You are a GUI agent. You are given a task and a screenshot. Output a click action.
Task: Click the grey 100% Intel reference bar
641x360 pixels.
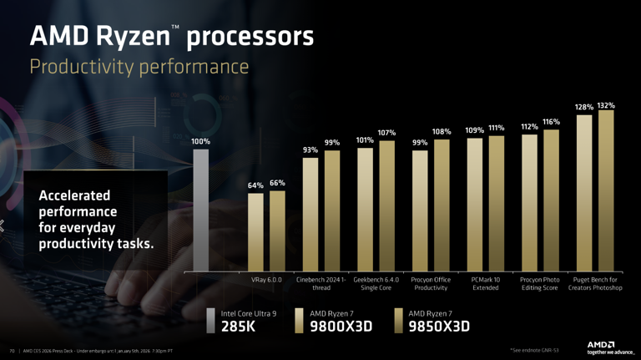click(x=200, y=210)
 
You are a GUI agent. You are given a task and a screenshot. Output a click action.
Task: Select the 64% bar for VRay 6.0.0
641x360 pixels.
click(x=255, y=231)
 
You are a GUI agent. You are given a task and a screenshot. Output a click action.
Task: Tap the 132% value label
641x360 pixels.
click(x=606, y=106)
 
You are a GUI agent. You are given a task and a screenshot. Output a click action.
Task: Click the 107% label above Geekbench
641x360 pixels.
click(x=386, y=133)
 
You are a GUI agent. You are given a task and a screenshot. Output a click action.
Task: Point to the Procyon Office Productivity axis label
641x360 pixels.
click(x=431, y=283)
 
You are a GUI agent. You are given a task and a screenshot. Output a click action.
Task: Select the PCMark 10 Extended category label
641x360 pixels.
click(x=486, y=283)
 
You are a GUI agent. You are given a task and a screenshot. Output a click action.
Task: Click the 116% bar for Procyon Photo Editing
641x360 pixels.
click(x=551, y=200)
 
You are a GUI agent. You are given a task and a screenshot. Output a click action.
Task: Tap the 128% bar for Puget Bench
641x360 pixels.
click(x=584, y=192)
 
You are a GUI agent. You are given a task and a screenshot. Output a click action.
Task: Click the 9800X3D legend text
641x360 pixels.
click(x=341, y=327)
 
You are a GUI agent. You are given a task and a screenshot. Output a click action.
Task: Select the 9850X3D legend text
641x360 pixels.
click(x=439, y=327)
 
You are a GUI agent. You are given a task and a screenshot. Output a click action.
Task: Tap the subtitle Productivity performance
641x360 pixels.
click(x=139, y=66)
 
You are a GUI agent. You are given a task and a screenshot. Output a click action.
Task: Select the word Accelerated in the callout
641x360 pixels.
click(x=74, y=195)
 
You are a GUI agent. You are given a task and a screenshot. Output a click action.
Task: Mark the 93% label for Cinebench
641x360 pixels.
click(x=310, y=150)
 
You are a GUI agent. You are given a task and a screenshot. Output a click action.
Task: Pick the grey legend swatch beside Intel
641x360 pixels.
click(x=211, y=321)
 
